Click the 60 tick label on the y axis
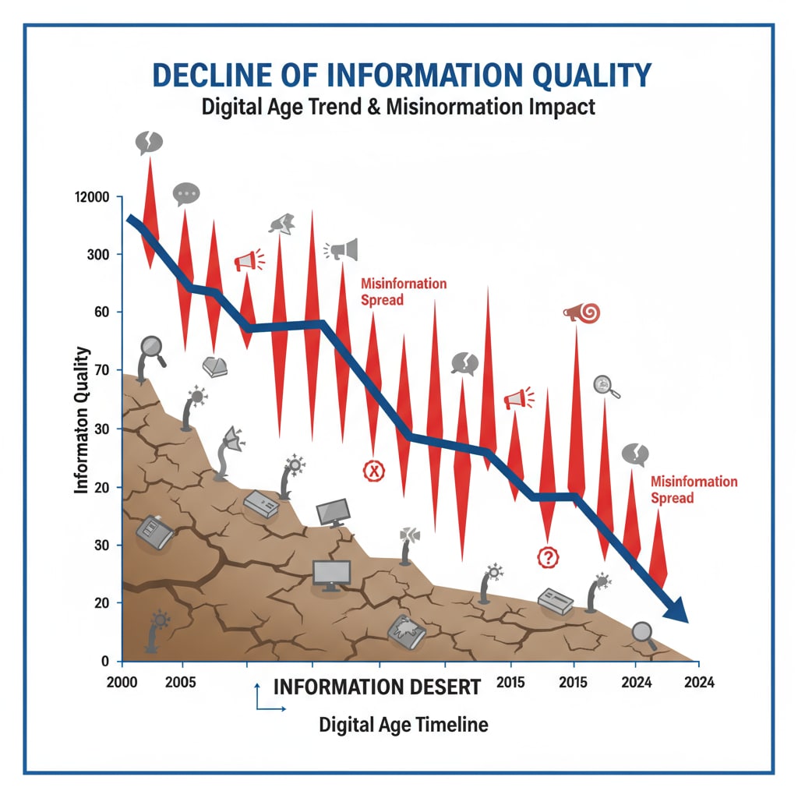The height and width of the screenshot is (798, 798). [x=102, y=312]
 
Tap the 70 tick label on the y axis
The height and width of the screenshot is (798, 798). [x=102, y=370]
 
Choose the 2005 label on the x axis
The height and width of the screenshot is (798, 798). [x=181, y=681]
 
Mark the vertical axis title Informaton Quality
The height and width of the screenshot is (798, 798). [x=81, y=421]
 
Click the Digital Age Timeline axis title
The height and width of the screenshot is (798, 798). [x=403, y=725]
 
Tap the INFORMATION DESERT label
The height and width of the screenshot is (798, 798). [x=377, y=687]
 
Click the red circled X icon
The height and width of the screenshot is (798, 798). [x=375, y=470]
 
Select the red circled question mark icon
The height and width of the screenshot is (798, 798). [x=549, y=556]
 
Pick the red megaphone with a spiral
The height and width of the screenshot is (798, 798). [x=581, y=313]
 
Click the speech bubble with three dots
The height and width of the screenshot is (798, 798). [x=186, y=193]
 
